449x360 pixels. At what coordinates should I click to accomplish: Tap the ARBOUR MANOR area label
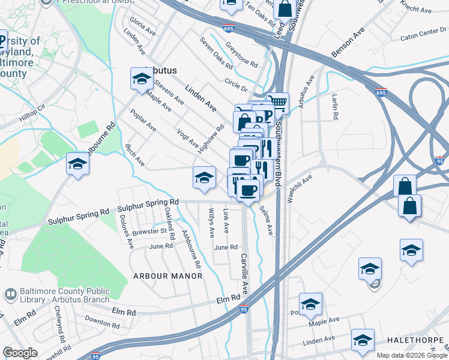click(163, 275)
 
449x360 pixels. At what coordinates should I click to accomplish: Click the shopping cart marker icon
click(277, 102)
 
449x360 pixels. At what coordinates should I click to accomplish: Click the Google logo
click(20, 352)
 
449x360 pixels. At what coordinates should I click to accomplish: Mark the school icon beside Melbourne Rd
click(77, 164)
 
